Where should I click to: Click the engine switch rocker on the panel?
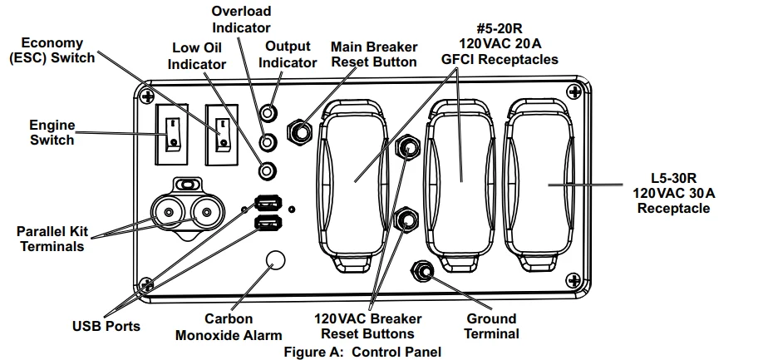tap(171, 135)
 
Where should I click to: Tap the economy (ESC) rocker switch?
tap(222, 135)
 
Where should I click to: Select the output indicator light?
tap(268, 113)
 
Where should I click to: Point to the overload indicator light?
tap(268, 142)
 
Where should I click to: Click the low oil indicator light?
tap(268, 170)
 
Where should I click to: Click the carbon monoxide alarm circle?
tap(276, 260)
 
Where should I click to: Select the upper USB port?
tap(268, 202)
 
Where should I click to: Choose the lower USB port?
tap(268, 223)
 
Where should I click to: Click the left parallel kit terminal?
tap(169, 212)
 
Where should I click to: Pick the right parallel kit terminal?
tap(206, 212)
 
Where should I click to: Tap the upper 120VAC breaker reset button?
tap(407, 146)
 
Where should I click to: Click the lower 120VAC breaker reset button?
tap(406, 219)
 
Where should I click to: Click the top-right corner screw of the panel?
tap(574, 91)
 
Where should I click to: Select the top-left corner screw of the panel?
tap(147, 96)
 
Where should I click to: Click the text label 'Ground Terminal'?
tap(492, 326)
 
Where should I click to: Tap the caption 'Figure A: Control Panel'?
tap(362, 352)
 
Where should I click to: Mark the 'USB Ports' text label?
tap(106, 326)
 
